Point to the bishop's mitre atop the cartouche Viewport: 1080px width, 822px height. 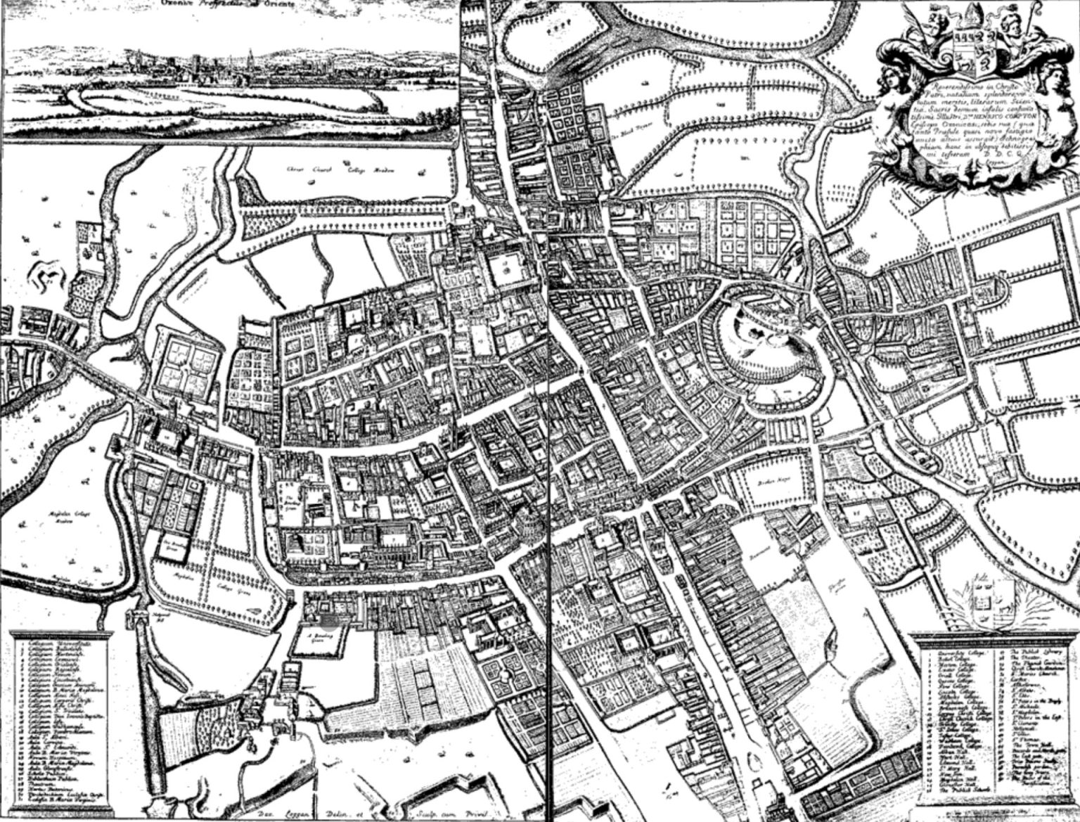[x=961, y=16]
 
